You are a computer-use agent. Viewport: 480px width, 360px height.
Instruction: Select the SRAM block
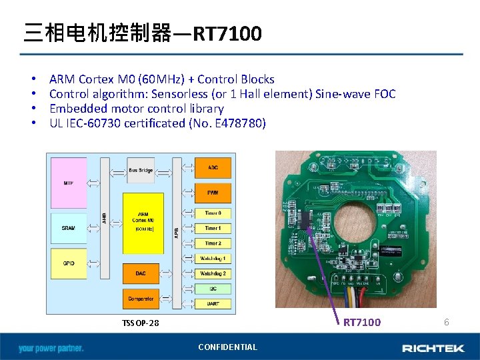[69, 228]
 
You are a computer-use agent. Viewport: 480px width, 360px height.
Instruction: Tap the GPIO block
[69, 263]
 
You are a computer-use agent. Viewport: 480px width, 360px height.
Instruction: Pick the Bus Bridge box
[140, 170]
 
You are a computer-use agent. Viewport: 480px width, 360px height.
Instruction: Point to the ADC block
[213, 167]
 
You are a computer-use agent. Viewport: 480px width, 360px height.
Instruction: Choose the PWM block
[213, 192]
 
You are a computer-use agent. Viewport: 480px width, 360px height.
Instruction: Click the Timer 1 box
[213, 228]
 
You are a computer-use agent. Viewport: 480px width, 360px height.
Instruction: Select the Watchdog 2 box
[213, 273]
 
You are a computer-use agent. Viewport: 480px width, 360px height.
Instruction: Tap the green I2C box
[213, 289]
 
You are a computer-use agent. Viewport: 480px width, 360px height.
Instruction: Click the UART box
[213, 303]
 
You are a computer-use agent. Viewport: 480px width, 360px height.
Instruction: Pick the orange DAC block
[140, 273]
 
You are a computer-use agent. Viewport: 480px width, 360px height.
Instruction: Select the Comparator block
[140, 299]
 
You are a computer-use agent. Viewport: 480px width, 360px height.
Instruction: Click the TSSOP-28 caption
[140, 323]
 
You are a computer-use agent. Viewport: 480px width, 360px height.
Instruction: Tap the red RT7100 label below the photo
[362, 323]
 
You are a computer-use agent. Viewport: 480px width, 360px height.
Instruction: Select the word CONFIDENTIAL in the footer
[227, 347]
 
